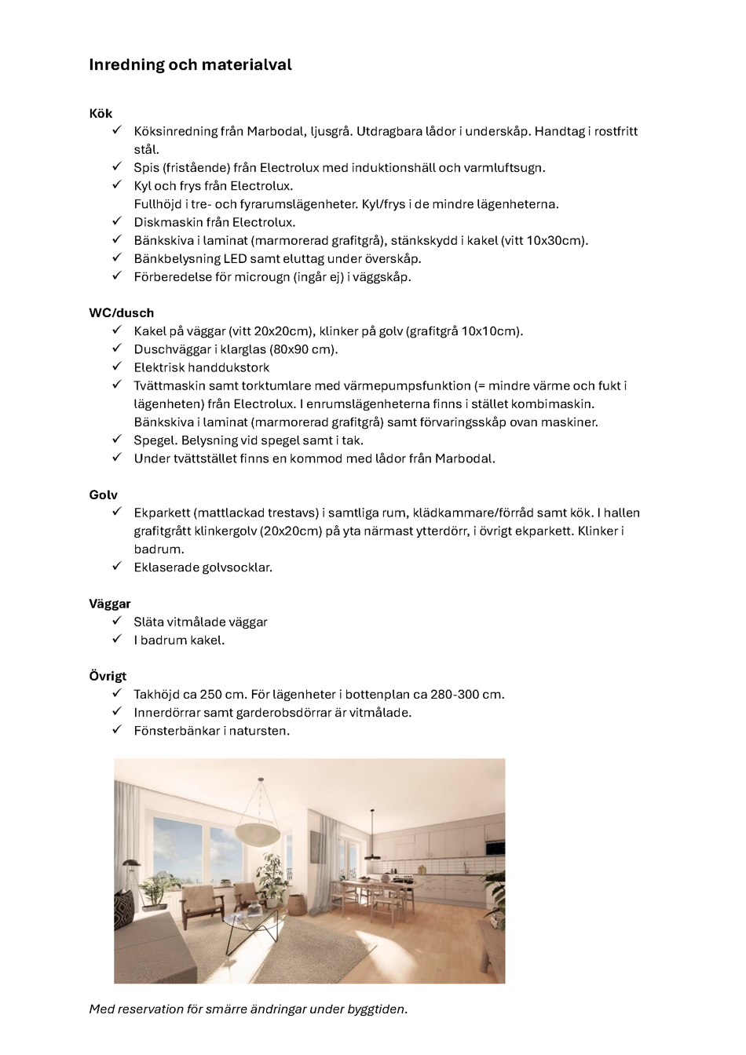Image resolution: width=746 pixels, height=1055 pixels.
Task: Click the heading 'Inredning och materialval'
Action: coord(190,65)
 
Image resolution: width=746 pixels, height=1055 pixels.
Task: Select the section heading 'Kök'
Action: coord(101,113)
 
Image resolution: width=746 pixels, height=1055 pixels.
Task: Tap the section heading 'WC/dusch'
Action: coord(121,312)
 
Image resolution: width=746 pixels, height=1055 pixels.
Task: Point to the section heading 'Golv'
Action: coord(103,495)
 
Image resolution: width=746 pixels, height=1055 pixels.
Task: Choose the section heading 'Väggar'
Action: coord(109,604)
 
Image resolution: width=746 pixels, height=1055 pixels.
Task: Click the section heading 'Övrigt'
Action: coord(108,676)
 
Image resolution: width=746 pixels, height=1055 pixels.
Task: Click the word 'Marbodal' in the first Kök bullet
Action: coord(275,131)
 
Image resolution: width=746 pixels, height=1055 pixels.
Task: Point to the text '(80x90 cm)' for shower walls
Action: coord(304,349)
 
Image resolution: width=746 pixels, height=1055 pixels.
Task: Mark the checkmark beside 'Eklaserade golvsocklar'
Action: coord(116,566)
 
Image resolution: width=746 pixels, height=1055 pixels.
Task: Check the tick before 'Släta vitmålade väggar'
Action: coord(116,620)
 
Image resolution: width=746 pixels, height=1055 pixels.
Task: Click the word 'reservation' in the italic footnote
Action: coord(149,1009)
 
